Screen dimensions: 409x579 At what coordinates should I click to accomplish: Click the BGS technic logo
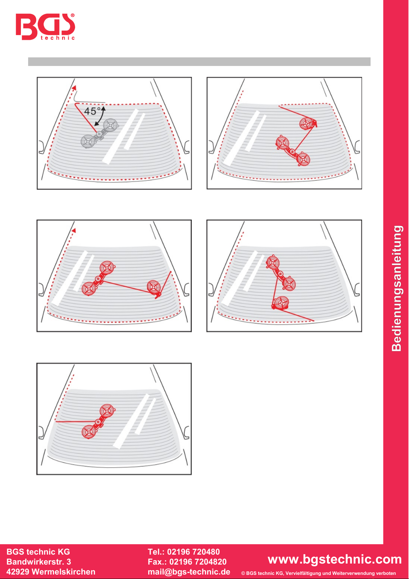pyautogui.click(x=45, y=26)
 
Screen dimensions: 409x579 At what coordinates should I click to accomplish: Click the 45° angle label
pyautogui.click(x=92, y=111)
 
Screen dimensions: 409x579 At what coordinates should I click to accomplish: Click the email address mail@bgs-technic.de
pyautogui.click(x=189, y=571)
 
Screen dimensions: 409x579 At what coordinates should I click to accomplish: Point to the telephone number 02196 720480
pyautogui.click(x=194, y=552)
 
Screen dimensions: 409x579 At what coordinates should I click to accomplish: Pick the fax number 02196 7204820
pyautogui.click(x=198, y=561)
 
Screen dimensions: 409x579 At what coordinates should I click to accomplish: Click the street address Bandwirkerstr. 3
pyautogui.click(x=39, y=561)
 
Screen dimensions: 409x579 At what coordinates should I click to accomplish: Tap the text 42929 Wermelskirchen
pyautogui.click(x=51, y=571)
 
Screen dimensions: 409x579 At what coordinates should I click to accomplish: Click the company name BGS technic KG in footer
pyautogui.click(x=38, y=552)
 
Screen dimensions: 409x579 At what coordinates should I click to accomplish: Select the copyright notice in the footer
pyautogui.click(x=318, y=573)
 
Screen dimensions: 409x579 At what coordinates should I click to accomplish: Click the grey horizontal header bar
pyautogui.click(x=199, y=62)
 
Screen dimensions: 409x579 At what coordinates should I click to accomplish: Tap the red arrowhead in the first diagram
pyautogui.click(x=74, y=88)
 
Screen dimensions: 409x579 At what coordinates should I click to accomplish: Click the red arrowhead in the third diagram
pyautogui.click(x=74, y=230)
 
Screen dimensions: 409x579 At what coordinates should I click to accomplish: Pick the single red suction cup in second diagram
pyautogui.click(x=308, y=123)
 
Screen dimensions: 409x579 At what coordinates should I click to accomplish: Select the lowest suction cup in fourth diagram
pyautogui.click(x=281, y=302)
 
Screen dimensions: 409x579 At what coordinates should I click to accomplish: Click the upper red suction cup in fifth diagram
pyautogui.click(x=107, y=411)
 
